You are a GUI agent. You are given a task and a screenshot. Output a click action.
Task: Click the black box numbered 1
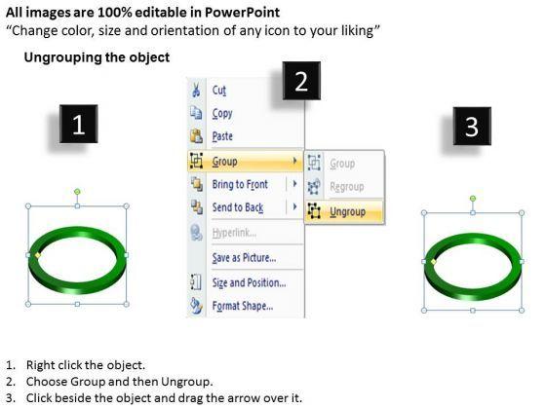pyautogui.click(x=78, y=124)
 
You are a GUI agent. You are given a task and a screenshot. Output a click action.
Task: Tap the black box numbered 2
pyautogui.click(x=301, y=81)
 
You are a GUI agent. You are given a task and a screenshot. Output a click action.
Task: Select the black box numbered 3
pyautogui.click(x=472, y=126)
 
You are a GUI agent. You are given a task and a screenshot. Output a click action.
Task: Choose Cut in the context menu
pyautogui.click(x=219, y=91)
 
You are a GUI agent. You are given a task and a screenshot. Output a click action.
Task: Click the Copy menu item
pyautogui.click(x=222, y=113)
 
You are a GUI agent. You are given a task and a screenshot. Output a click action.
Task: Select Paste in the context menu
pyautogui.click(x=222, y=136)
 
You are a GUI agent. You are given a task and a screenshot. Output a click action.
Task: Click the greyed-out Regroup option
pyautogui.click(x=347, y=187)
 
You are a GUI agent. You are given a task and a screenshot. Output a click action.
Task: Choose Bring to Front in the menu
pyautogui.click(x=240, y=184)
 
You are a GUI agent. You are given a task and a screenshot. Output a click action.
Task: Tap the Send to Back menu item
pyautogui.click(x=238, y=207)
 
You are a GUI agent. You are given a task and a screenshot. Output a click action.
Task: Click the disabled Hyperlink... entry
pyautogui.click(x=234, y=233)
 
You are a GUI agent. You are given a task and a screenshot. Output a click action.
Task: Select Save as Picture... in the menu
pyautogui.click(x=244, y=258)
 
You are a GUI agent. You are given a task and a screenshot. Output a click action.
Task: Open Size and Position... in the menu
pyautogui.click(x=249, y=282)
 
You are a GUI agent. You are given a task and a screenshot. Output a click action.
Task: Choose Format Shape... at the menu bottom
pyautogui.click(x=243, y=306)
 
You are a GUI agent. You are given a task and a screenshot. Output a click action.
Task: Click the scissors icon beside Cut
pyautogui.click(x=196, y=90)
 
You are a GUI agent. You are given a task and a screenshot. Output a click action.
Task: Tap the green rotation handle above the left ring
pyautogui.click(x=77, y=192)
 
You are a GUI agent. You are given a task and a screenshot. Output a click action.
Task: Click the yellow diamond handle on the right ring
pyautogui.click(x=434, y=262)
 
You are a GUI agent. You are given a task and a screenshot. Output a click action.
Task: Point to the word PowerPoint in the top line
pyautogui.click(x=242, y=13)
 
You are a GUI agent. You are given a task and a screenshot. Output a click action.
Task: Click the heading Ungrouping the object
pyautogui.click(x=97, y=57)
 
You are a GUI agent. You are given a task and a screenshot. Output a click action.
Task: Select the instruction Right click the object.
pyautogui.click(x=86, y=365)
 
